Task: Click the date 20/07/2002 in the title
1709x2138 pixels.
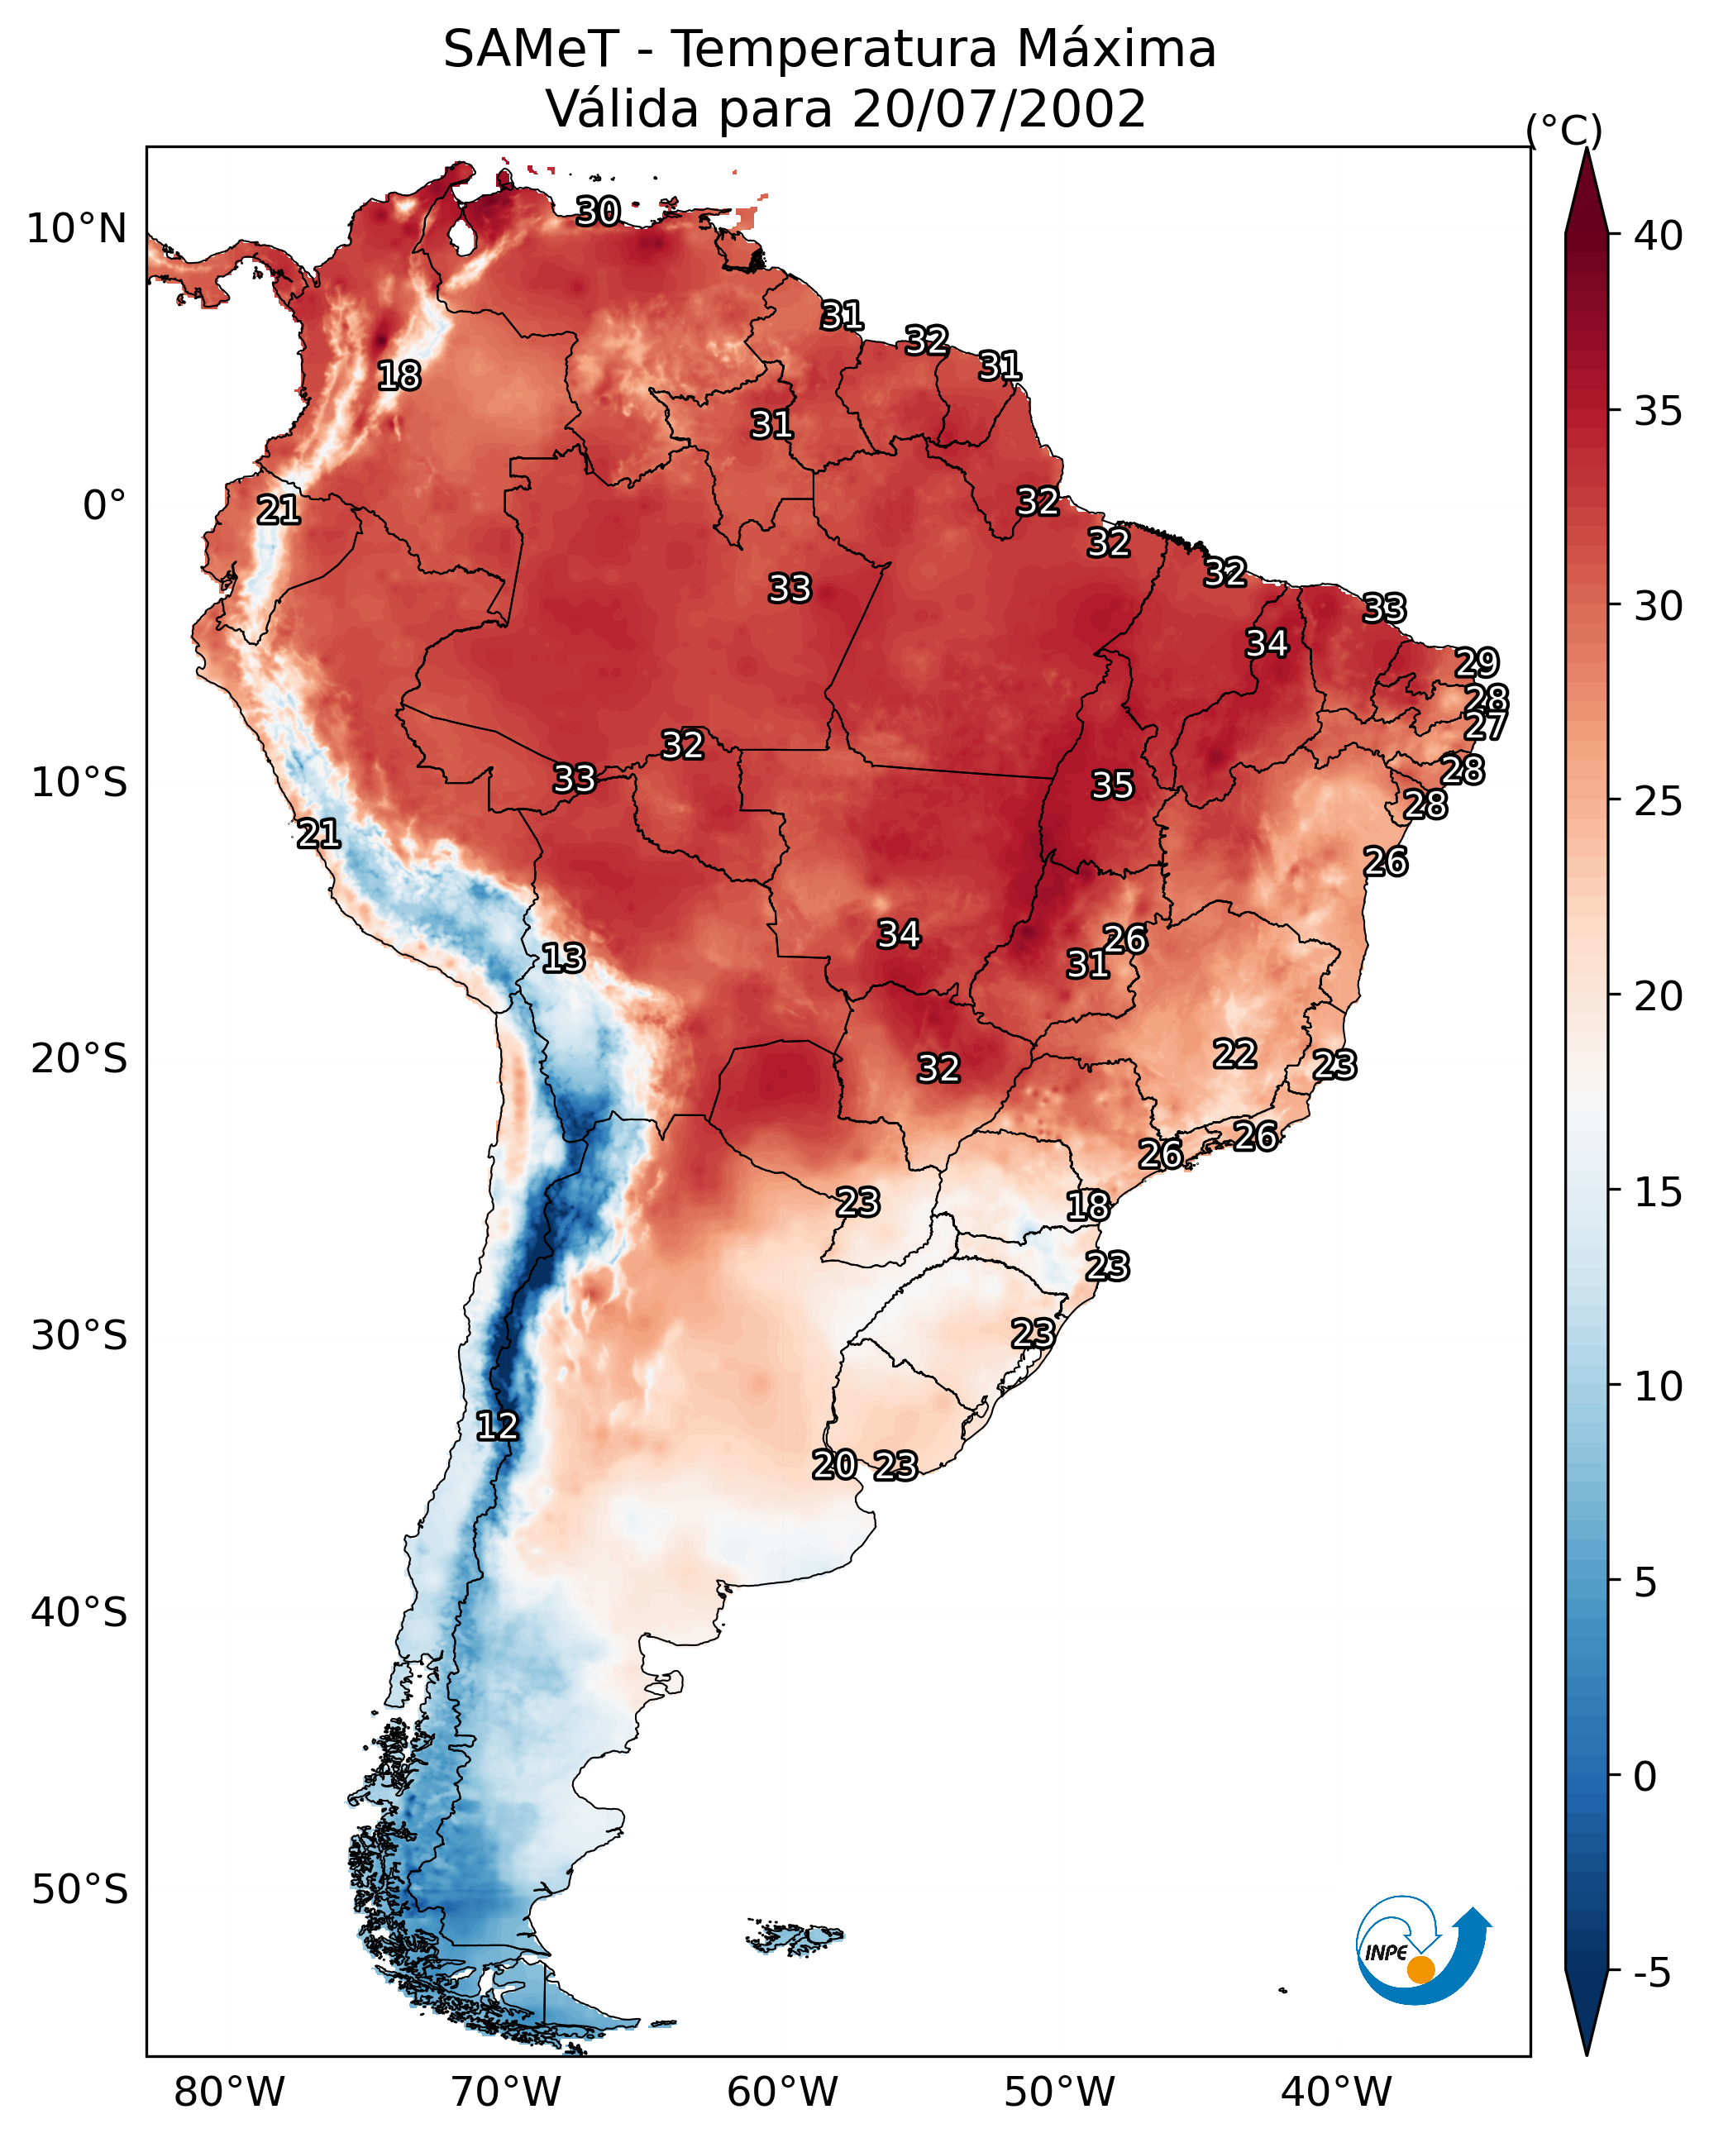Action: [x=998, y=108]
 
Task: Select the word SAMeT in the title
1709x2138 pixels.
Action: [x=531, y=49]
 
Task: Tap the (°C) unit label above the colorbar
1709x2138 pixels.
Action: [x=1563, y=130]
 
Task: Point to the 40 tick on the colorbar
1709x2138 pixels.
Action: [x=1658, y=236]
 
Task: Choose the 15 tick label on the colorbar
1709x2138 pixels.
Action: [x=1658, y=1192]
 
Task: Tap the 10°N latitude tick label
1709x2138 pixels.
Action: [x=76, y=229]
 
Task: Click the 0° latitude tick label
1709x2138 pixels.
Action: [x=104, y=506]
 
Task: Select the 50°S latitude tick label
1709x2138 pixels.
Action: [x=79, y=1890]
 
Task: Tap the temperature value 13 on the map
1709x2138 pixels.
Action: [x=563, y=958]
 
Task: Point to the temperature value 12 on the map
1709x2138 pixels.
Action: [x=497, y=1426]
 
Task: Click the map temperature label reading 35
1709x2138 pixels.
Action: [x=1112, y=785]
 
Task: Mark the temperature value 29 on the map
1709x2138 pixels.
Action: [x=1477, y=661]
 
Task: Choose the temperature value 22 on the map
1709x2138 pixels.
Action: [x=1235, y=1053]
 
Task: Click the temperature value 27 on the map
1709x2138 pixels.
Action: [x=1485, y=726]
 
